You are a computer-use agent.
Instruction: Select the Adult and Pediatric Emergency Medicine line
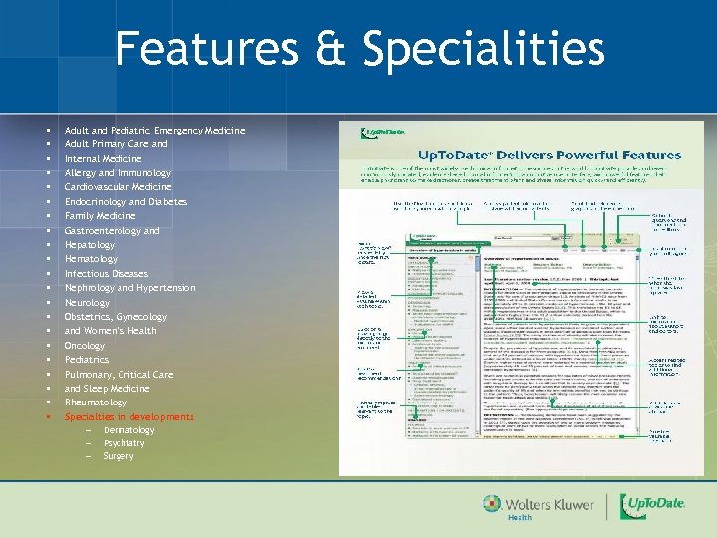pos(154,131)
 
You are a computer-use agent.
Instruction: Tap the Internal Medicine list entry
pos(103,159)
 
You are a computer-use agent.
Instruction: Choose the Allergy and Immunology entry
pos(118,173)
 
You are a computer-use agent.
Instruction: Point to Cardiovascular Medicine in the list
pos(118,187)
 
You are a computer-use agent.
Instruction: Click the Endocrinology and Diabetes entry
pos(125,202)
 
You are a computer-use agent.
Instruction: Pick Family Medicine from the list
pos(100,216)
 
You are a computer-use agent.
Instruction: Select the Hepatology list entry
pos(90,245)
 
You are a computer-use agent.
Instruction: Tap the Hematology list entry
pos(91,259)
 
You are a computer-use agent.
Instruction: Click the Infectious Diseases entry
pos(107,274)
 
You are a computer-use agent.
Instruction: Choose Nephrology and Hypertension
pos(129,288)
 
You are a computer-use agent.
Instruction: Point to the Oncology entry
pos(85,346)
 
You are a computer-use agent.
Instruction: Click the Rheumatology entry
pos(96,403)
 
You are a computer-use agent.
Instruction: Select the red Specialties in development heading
pos(129,417)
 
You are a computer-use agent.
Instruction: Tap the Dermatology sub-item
pos(129,430)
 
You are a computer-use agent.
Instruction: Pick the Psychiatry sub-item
pos(124,443)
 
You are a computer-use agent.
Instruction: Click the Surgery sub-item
pos(119,456)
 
